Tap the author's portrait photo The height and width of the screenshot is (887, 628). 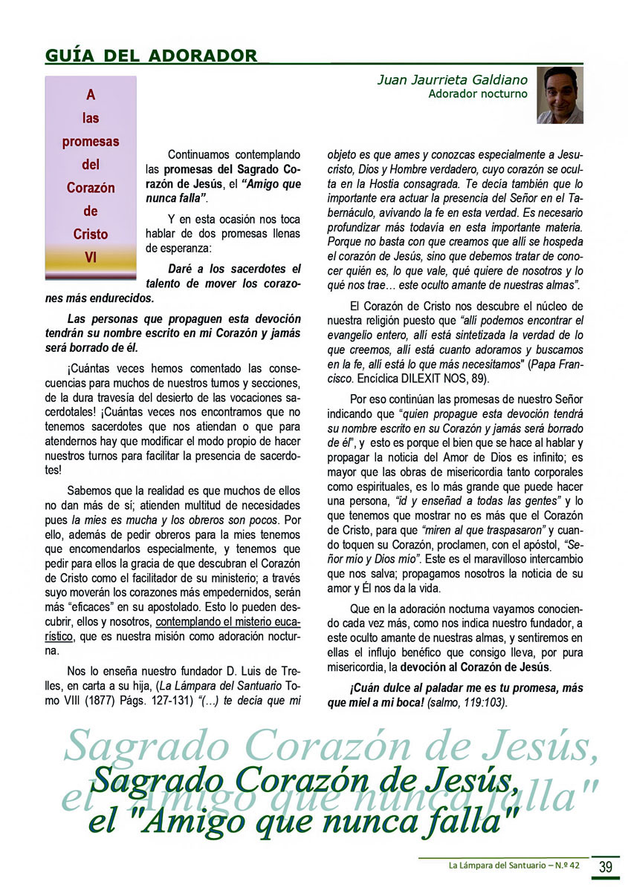point(559,95)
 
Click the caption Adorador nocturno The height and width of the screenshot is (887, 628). point(478,94)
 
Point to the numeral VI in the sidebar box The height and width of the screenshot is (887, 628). point(91,258)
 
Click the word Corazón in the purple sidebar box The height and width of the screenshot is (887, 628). point(91,188)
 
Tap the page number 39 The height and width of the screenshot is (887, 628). point(605,865)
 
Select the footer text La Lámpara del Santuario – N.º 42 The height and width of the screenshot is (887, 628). point(516,865)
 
